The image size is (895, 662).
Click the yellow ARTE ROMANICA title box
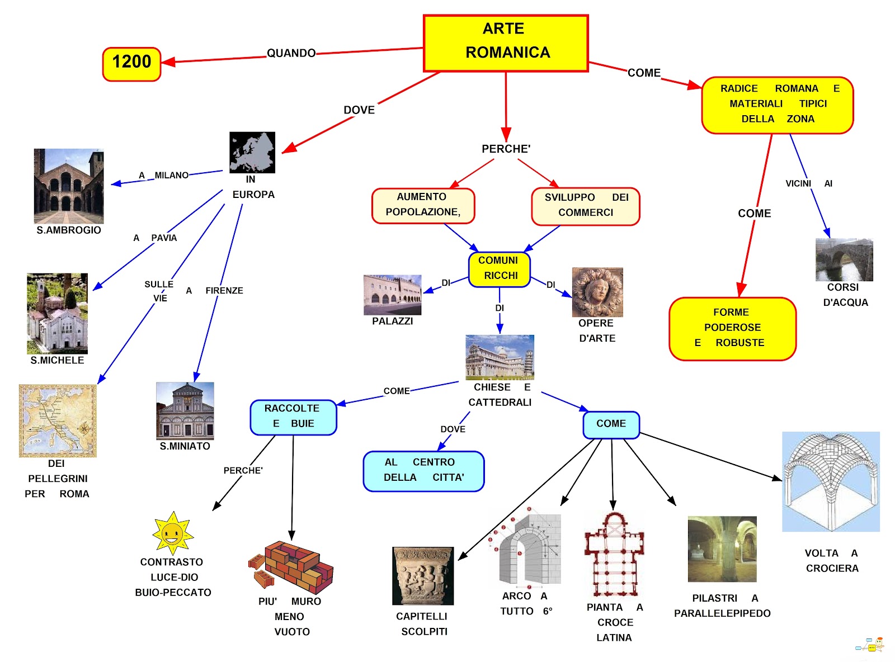(506, 43)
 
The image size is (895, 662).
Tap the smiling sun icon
(172, 533)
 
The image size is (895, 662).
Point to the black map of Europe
(252, 152)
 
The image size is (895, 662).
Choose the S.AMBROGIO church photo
(69, 186)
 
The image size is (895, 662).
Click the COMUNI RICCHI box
(499, 269)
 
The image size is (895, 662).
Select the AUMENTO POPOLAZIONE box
(423, 205)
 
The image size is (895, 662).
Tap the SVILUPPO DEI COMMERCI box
(585, 206)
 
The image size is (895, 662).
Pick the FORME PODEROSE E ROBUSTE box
(732, 328)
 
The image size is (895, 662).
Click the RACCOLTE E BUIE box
(293, 417)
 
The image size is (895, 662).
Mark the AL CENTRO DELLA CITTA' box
(423, 471)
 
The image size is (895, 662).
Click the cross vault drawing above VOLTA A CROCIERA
(831, 481)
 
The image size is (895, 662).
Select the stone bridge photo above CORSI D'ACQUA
(844, 259)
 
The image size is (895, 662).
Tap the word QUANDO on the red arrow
(291, 53)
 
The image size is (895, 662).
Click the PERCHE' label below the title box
(506, 149)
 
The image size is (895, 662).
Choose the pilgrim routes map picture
(58, 420)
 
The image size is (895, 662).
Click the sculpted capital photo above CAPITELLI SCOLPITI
(422, 576)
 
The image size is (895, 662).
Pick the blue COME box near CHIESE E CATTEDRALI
(611, 424)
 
